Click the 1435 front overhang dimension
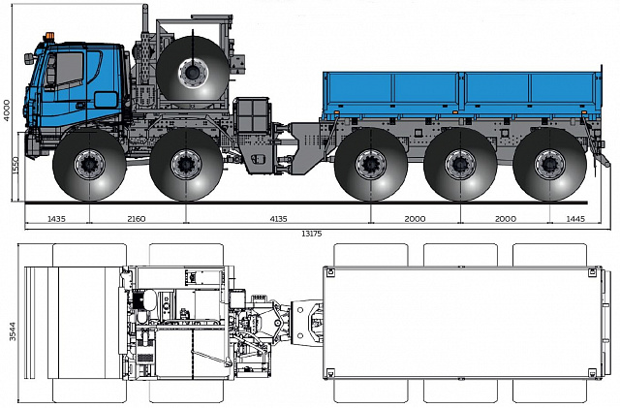[x=56, y=218]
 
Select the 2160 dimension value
[x=137, y=218]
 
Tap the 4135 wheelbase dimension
[x=278, y=218]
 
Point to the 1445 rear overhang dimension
[x=575, y=218]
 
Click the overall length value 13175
[x=312, y=234]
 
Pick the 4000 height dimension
[x=7, y=110]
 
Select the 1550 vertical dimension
[x=15, y=167]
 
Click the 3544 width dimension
[x=13, y=330]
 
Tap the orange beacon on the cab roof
[x=49, y=36]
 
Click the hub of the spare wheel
[x=193, y=73]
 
